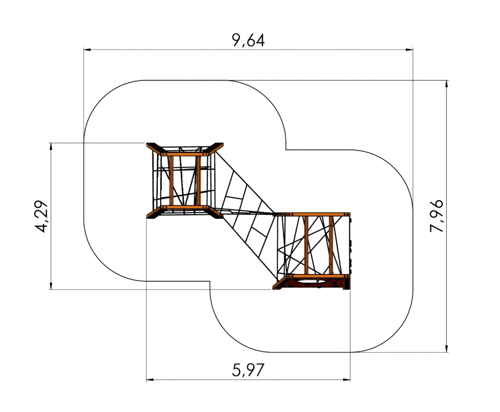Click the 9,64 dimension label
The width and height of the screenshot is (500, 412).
point(248,40)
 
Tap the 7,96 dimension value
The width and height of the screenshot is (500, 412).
point(436,216)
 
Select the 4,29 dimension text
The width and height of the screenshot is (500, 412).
point(41,217)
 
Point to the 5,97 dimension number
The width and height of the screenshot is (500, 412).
point(248,370)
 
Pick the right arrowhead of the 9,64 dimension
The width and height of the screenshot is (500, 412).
point(409,49)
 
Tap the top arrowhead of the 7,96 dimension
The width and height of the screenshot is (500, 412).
point(446,84)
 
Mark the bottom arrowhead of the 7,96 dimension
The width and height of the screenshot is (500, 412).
point(446,348)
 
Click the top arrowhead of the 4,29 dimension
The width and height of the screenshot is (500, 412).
point(51,147)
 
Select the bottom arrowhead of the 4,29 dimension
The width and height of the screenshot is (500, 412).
point(51,285)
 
